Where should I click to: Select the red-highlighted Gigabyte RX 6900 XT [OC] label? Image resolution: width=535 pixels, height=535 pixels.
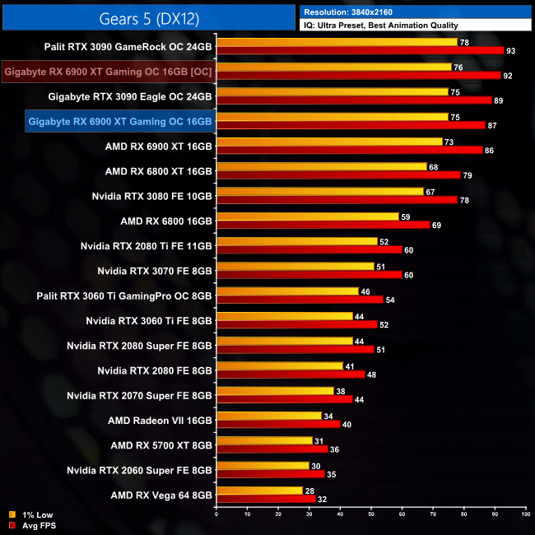(x=108, y=72)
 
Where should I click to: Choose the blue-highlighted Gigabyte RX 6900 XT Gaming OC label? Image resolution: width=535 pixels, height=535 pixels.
(x=120, y=122)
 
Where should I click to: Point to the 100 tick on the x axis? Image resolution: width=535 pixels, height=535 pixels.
(x=525, y=513)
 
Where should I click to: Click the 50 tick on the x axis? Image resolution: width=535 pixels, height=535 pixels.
(x=370, y=513)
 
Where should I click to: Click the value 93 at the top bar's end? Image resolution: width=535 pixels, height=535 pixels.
(x=511, y=51)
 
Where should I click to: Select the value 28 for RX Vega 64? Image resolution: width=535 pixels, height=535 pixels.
(x=309, y=491)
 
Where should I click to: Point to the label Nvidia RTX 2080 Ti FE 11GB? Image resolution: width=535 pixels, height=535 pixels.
(x=147, y=245)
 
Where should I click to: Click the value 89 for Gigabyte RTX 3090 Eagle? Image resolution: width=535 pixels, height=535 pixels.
(x=499, y=100)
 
